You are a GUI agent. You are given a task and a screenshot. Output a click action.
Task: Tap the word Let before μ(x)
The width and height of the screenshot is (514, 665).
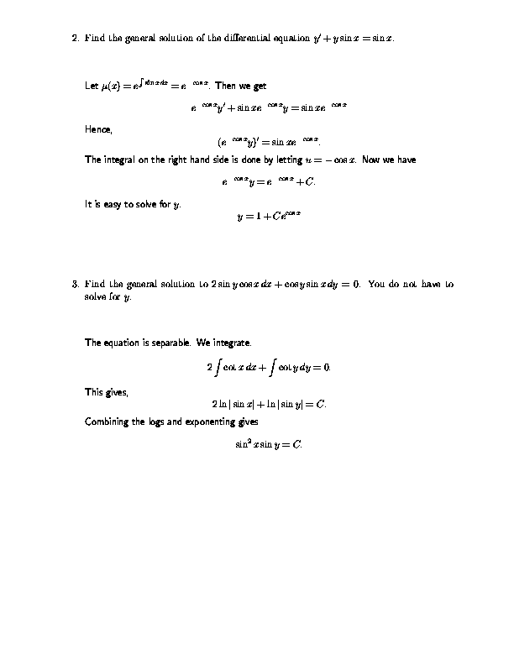pyautogui.click(x=92, y=86)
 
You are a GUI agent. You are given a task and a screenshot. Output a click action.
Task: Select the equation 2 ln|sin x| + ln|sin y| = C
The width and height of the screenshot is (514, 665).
pyautogui.click(x=269, y=404)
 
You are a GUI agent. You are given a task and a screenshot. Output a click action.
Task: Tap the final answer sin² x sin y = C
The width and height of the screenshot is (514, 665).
pyautogui.click(x=269, y=443)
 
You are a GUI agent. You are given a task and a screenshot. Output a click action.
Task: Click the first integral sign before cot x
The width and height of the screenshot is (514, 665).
pyautogui.click(x=218, y=367)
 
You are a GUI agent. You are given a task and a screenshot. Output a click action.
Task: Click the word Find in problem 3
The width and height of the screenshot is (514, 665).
pyautogui.click(x=94, y=284)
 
